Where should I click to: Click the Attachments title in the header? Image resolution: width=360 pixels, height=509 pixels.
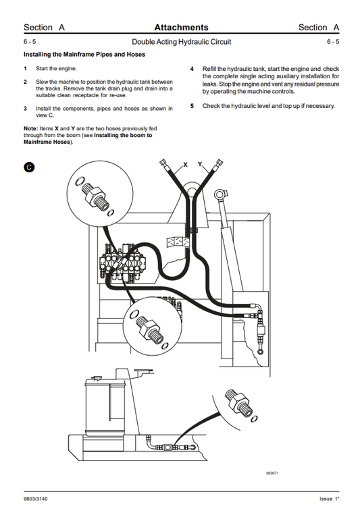click(x=181, y=28)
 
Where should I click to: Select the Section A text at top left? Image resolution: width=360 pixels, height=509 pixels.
click(x=44, y=28)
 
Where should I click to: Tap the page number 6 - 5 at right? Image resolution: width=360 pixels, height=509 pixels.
click(x=332, y=42)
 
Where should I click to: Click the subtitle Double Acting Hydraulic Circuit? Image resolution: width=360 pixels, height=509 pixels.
click(x=181, y=42)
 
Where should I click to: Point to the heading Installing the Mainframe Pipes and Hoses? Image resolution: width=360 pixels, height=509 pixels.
click(x=84, y=54)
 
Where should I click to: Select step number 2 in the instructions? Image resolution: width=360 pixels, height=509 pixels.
click(x=26, y=82)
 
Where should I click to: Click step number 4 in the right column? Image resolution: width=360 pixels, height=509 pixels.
click(x=192, y=69)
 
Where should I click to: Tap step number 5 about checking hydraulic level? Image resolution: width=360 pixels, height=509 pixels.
click(x=192, y=106)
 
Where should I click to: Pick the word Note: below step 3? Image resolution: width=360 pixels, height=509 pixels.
click(x=31, y=129)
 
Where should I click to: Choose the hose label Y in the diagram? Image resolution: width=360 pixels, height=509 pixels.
click(x=200, y=164)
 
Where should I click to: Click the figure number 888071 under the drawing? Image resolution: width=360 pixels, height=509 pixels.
click(x=272, y=473)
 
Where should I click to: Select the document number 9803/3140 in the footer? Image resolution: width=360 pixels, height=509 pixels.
click(x=37, y=498)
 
